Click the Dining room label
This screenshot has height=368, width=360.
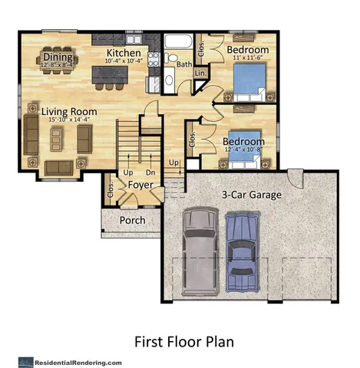58,57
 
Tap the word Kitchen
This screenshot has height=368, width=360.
123,53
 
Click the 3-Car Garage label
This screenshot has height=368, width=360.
251,195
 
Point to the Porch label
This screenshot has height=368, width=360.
132,221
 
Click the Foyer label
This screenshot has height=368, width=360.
140,186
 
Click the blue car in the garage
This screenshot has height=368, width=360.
241,245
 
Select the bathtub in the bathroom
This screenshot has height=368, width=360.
181,41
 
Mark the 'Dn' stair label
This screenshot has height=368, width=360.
150,172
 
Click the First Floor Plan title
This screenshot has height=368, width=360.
184,340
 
